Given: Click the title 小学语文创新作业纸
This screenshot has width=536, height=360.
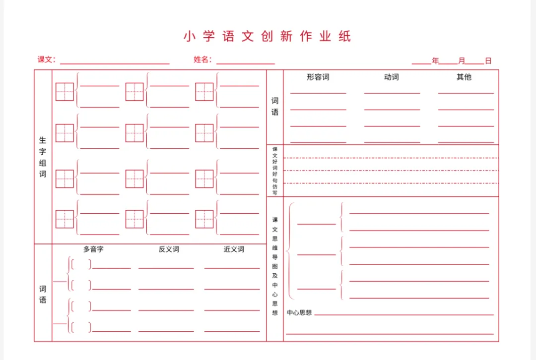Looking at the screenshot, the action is (x=267, y=37).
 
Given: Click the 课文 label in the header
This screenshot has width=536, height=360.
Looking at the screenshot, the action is (x=45, y=60).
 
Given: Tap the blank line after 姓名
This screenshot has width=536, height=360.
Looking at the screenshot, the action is (x=245, y=62).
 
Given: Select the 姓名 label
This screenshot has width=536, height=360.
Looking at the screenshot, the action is (x=201, y=60).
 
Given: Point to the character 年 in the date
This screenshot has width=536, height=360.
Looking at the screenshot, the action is (x=435, y=61).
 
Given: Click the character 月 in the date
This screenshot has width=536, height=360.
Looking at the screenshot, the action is (x=462, y=61).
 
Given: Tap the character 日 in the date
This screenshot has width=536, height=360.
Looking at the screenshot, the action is (x=488, y=61).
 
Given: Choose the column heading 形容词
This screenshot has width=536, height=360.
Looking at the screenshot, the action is (x=318, y=77).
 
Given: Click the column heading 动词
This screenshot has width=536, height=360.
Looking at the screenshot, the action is (x=391, y=77).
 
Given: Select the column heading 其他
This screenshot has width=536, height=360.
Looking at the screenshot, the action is (x=464, y=77).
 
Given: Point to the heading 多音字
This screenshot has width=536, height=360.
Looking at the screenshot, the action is (x=93, y=249).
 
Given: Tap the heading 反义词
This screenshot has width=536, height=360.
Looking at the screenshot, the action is (x=169, y=249).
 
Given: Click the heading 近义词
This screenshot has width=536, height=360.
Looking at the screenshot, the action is (x=234, y=249).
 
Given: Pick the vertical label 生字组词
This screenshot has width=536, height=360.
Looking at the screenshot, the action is (x=43, y=157).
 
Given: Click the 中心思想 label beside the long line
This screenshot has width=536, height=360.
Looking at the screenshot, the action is (x=299, y=313).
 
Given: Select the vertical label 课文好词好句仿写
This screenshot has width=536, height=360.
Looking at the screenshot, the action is (x=275, y=171).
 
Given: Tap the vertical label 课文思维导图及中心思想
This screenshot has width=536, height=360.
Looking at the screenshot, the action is (x=275, y=266).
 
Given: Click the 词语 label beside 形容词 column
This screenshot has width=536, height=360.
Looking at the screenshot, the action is (x=275, y=107).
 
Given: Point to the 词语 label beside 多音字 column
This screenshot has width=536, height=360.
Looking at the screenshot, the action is (x=43, y=294).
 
